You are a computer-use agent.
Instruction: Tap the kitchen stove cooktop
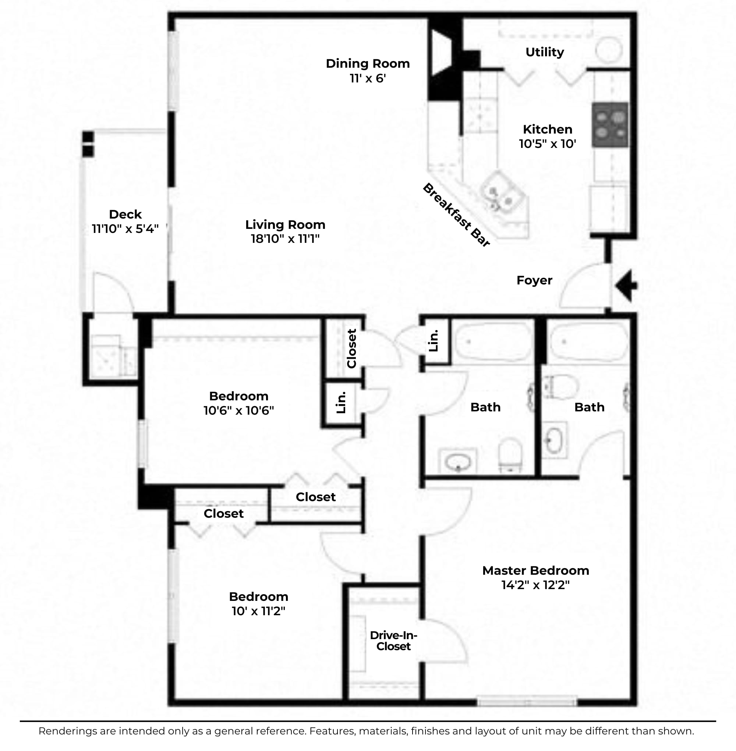coord(610,124)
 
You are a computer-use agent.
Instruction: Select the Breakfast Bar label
coord(457,215)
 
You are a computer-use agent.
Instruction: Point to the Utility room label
coord(545,52)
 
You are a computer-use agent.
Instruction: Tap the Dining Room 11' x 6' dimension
coord(368,78)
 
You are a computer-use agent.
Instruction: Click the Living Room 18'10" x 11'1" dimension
coord(285,238)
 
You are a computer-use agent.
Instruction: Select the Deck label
coord(125,214)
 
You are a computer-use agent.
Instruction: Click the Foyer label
coord(534,280)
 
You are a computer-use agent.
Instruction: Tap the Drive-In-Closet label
coord(393,641)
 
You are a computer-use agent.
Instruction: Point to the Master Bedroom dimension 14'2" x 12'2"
coord(536,585)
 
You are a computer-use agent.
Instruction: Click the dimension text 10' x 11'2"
coord(259,611)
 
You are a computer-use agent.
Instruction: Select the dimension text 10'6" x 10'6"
coord(239,410)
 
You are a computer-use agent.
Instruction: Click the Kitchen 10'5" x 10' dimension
coord(547,144)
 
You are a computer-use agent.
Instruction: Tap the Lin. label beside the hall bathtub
coord(434,340)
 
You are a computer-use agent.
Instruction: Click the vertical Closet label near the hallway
coord(351,348)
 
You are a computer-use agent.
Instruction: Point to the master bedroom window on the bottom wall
coord(527,701)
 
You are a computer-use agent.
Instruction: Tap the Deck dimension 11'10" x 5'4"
coord(125,229)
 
